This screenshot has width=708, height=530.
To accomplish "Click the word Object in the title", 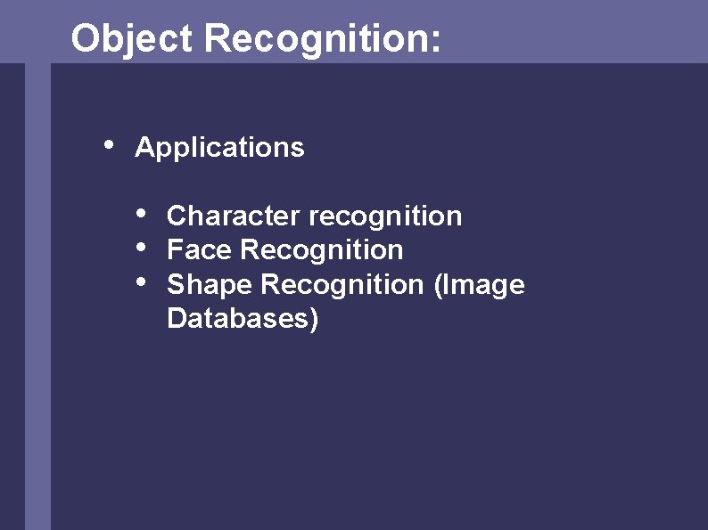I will [131, 39].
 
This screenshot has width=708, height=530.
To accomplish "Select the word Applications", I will [219, 147].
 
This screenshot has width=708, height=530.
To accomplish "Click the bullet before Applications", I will [108, 143].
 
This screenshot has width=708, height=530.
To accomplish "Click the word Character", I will [233, 216].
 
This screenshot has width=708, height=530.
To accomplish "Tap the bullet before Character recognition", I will [141, 213].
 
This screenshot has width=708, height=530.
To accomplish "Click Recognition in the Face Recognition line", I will [321, 250].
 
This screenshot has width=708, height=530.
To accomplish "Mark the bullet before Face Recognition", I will [141, 247].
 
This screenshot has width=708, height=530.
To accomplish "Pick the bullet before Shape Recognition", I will [141, 281].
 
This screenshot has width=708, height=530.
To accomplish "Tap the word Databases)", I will [242, 318].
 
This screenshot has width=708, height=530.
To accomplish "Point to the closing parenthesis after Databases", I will [313, 319].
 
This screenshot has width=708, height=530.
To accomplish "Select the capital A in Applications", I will [143, 147].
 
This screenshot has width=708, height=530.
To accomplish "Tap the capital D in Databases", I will [176, 318].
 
